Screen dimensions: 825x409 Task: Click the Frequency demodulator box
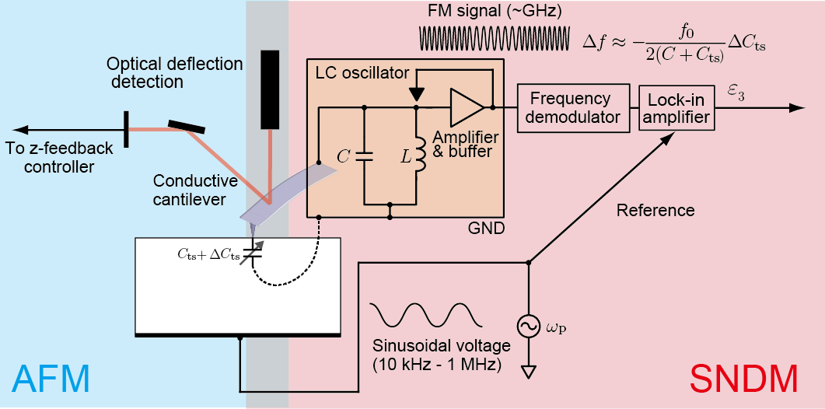tap(574, 108)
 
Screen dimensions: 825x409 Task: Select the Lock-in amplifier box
tap(676, 108)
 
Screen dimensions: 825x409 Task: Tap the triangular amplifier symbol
tap(467, 107)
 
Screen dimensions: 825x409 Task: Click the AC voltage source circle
tap(528, 327)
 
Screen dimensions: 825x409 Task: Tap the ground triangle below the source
tap(528, 372)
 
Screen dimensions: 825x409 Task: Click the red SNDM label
tap(743, 379)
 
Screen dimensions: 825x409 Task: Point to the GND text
tap(486, 229)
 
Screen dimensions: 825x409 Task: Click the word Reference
tap(655, 211)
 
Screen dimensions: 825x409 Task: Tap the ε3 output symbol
tap(736, 93)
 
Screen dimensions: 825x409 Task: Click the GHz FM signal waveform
tap(495, 37)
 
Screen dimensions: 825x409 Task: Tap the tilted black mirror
tap(187, 126)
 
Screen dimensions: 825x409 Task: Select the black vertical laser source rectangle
tap(270, 89)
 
